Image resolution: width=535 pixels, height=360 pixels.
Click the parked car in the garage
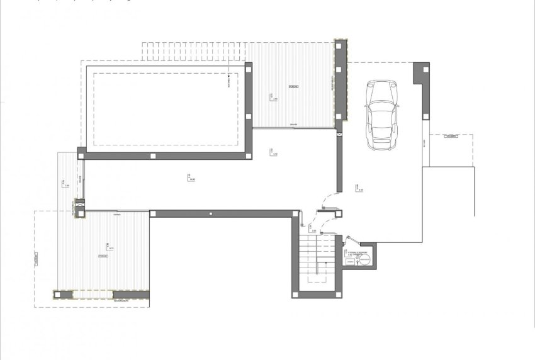point(382,115)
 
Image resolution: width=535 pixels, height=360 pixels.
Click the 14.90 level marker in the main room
point(191,178)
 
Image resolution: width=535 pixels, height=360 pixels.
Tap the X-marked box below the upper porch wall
point(341,133)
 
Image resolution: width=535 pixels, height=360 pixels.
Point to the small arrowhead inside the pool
point(229,80)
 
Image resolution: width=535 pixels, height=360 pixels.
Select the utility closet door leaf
point(352,240)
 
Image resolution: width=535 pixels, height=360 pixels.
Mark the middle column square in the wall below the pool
point(153,154)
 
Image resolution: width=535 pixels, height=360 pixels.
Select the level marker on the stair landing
point(312,228)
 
